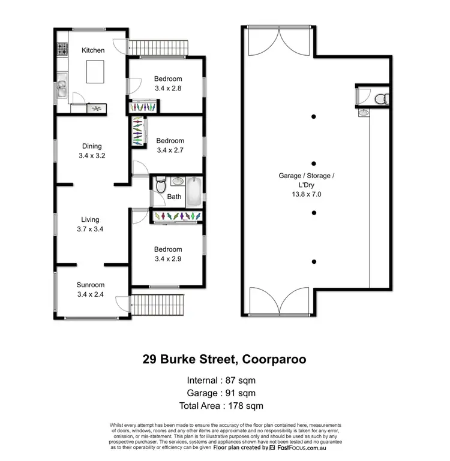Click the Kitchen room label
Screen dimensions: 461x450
tap(93, 50)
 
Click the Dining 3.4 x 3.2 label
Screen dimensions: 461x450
tap(92, 150)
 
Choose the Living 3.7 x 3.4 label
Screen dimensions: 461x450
tap(91, 224)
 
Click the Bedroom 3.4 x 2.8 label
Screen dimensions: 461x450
tap(168, 83)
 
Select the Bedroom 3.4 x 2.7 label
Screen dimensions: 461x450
tap(170, 145)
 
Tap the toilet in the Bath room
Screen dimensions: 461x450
tap(159, 187)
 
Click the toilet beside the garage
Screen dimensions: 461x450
tap(379, 99)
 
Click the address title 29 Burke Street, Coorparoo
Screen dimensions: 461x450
tap(225, 360)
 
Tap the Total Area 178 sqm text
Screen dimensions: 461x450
tap(225, 406)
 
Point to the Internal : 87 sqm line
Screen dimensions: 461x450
tap(225, 381)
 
